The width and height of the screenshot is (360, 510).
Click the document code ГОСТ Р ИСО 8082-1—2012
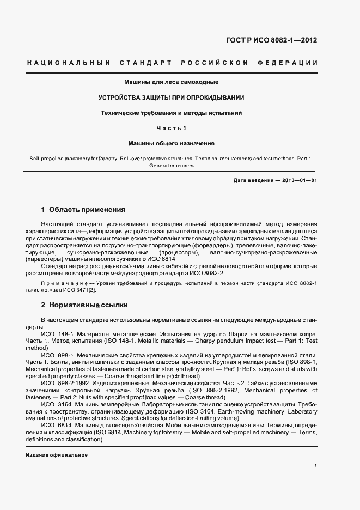coord(279,40)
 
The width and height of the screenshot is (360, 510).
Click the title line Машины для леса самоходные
coord(172,82)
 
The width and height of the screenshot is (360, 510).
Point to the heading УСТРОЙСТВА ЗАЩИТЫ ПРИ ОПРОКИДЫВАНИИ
coord(171,98)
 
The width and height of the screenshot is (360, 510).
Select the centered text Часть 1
coord(171,128)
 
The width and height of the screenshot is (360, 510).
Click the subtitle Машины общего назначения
coord(171,144)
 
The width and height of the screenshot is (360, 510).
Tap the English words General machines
coord(171,166)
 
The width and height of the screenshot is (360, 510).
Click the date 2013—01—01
coord(300,180)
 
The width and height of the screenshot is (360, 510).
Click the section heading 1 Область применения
coord(83,209)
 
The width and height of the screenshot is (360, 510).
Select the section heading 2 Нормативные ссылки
coord(84,305)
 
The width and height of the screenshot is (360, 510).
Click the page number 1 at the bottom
coord(315,466)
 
